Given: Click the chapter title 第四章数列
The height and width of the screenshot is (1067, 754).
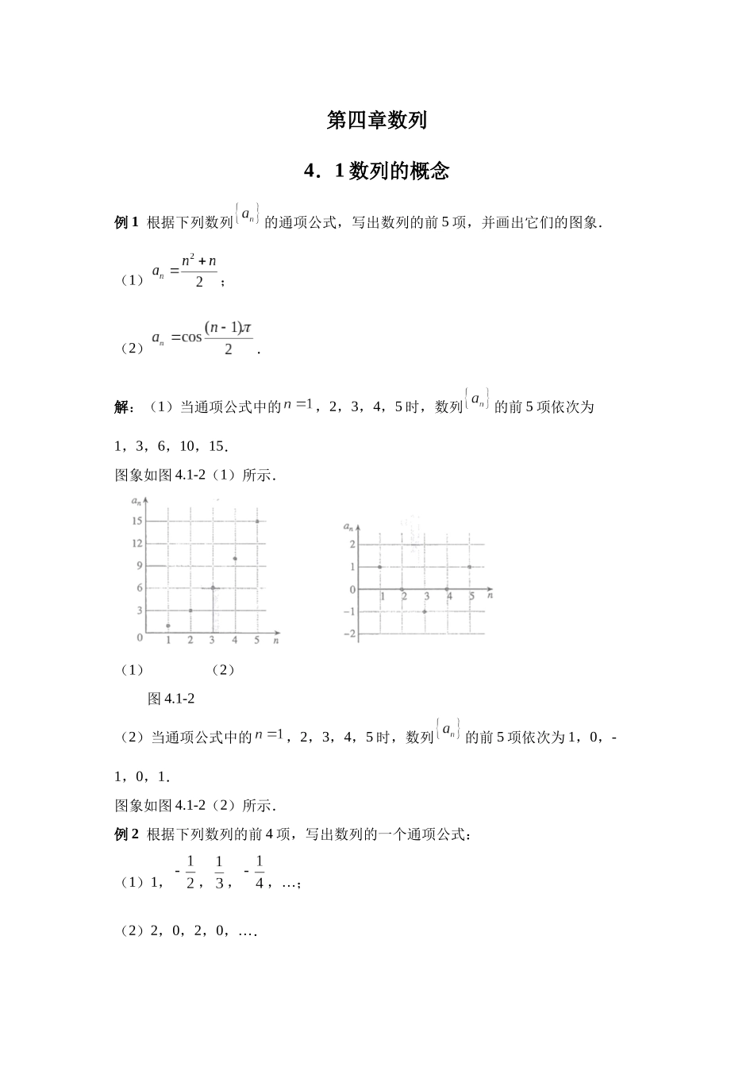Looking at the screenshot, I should click(377, 120).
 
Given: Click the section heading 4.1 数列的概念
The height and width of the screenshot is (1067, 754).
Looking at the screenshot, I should click(377, 171).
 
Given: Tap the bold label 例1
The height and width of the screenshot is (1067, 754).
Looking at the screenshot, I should click(127, 223).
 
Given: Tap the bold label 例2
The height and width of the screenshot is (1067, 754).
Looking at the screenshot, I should click(127, 834).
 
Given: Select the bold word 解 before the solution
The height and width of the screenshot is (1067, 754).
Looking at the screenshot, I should click(124, 407).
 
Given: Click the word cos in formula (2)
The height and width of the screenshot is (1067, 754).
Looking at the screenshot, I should click(192, 337).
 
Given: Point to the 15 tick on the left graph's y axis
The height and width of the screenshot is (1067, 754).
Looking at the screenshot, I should click(137, 521).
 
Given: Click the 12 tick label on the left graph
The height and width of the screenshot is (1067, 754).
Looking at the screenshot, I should click(137, 543).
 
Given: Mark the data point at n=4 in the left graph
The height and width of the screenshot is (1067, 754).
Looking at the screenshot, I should click(235, 558).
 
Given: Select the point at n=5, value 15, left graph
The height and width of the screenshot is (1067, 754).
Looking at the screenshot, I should click(257, 521).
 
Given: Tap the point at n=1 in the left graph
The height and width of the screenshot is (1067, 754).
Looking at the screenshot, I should click(168, 626).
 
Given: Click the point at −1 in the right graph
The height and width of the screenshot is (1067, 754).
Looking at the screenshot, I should click(425, 611).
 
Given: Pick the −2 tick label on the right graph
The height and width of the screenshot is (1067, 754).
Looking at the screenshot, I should click(348, 634).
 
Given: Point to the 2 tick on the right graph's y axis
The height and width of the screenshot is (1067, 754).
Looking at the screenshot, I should click(352, 544).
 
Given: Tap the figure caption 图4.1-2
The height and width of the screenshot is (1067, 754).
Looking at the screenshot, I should click(171, 699).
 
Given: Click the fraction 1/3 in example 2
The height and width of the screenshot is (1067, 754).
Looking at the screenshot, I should click(219, 872).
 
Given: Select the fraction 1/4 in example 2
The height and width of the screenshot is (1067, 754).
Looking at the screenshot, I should click(260, 872).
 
